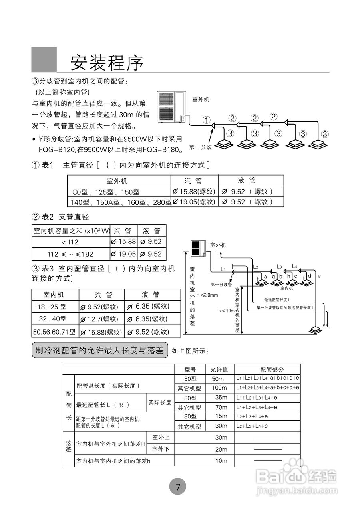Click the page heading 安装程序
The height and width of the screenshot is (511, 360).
tap(107, 62)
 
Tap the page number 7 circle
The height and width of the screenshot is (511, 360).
tap(178, 487)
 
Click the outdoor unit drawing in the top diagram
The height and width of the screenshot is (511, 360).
tap(172, 107)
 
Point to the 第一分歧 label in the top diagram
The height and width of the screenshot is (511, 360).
tap(200, 147)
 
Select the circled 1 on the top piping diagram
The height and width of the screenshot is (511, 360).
tap(206, 119)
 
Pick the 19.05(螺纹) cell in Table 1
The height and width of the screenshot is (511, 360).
tap(194, 202)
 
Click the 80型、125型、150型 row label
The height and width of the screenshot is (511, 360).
tap(106, 192)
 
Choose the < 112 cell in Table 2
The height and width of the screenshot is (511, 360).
tap(70, 242)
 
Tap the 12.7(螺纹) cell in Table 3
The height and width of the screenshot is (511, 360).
tap(101, 319)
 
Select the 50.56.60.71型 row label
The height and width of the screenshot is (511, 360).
tap(54, 332)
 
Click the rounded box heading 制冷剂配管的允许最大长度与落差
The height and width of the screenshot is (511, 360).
tap(99, 351)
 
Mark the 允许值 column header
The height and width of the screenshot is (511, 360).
tap(219, 370)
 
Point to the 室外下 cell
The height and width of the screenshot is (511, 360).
tap(161, 449)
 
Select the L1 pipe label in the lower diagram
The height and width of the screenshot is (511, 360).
tap(223, 269)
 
